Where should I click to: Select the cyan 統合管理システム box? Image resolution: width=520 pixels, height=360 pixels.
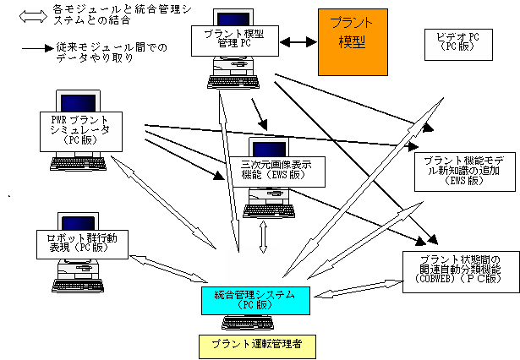click(256, 298)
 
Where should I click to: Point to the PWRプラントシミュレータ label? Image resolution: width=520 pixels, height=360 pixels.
click(81, 129)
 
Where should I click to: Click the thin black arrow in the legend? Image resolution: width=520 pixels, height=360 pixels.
click(37, 50)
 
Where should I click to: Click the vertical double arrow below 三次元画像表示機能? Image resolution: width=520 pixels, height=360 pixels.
click(263, 238)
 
